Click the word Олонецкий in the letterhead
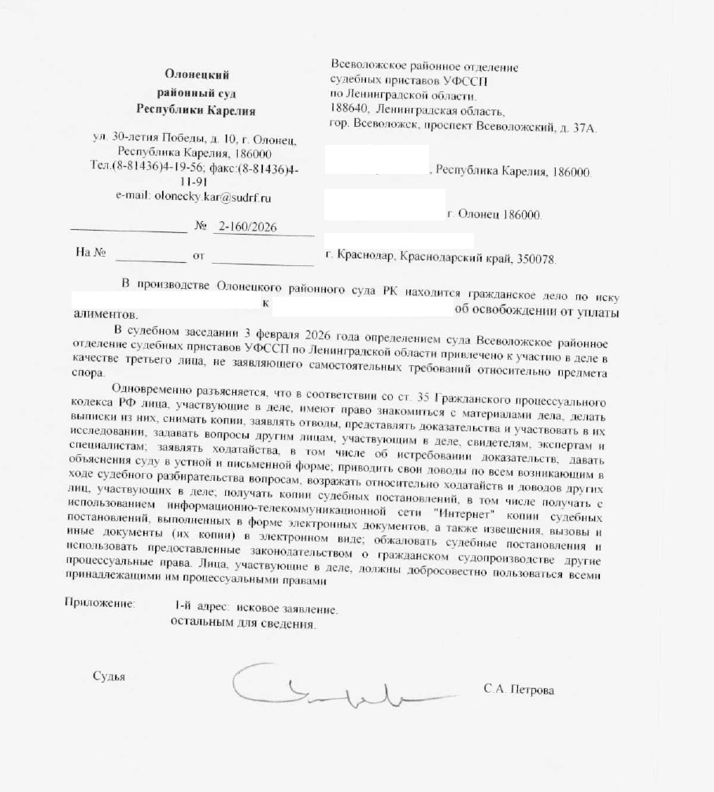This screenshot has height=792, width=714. click(x=196, y=75)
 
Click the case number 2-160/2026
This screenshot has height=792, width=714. click(x=248, y=228)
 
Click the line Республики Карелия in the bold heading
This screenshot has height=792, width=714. click(x=196, y=109)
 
